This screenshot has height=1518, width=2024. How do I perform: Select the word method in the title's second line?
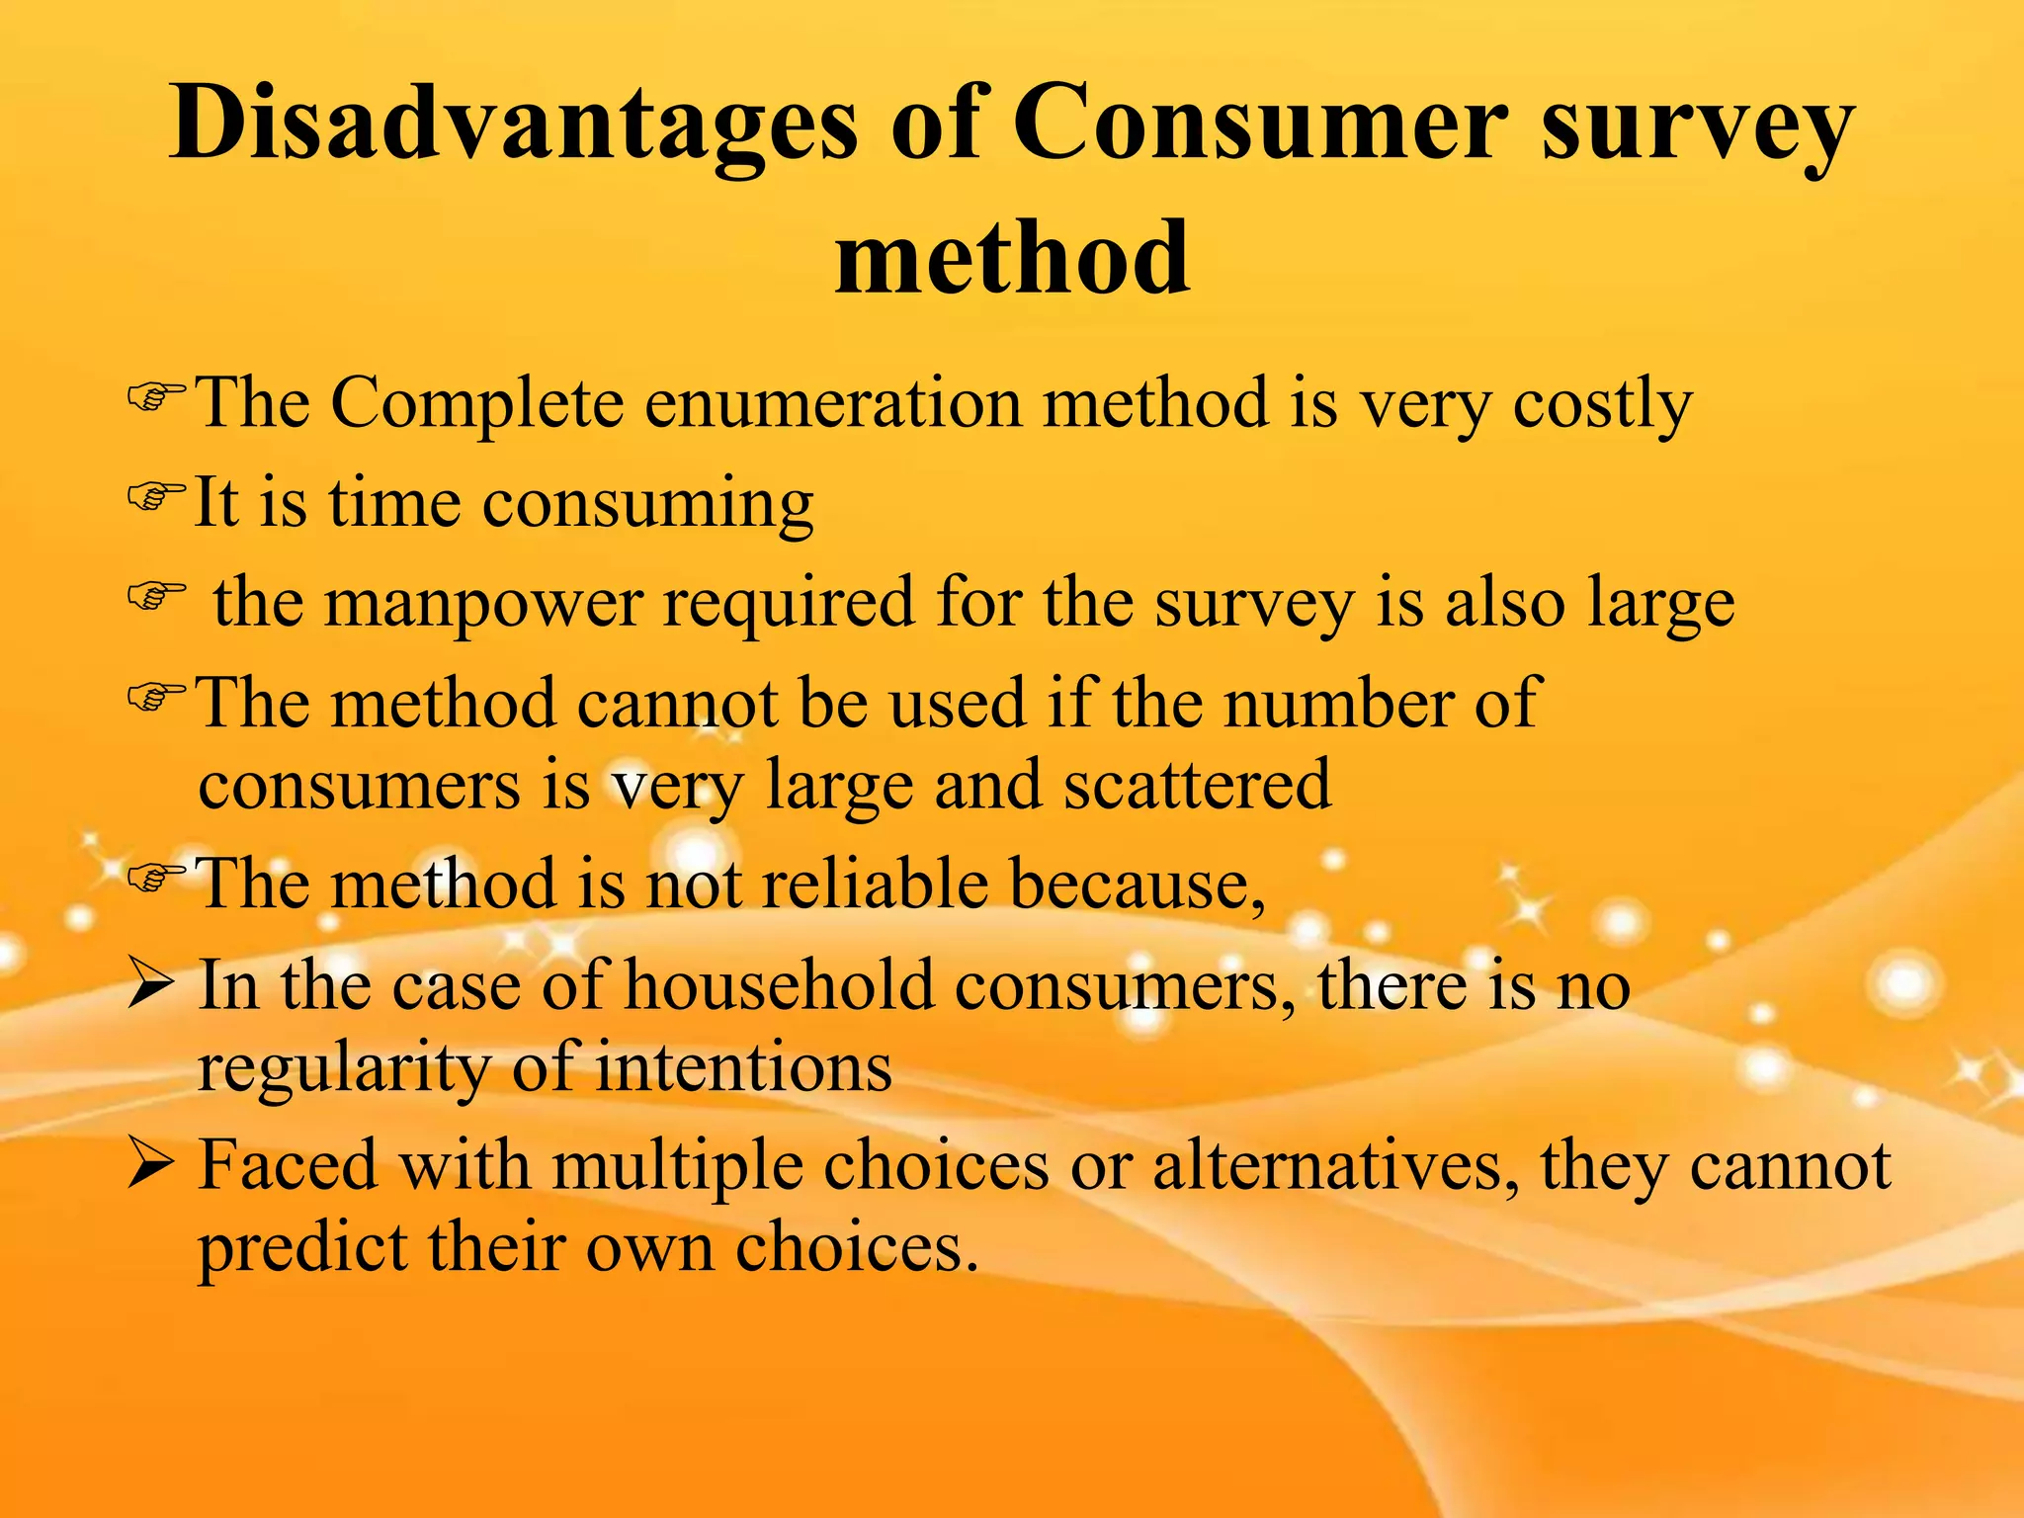tap(1012, 259)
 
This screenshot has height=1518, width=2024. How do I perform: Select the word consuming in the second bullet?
tap(647, 505)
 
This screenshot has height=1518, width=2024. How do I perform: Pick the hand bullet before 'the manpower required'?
tap(156, 596)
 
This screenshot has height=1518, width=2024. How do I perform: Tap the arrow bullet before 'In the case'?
tap(152, 986)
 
